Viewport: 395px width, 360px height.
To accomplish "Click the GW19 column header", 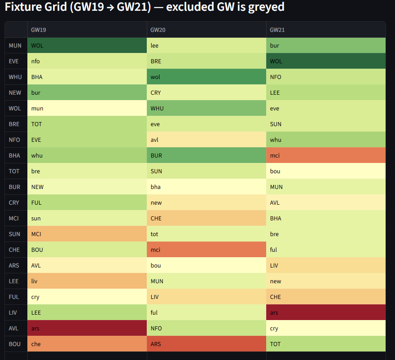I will [x=38, y=30].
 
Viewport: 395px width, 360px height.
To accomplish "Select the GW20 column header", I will [x=158, y=30].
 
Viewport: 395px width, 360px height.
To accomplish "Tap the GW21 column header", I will [x=277, y=30].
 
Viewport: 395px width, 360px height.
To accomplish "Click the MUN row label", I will [x=15, y=46].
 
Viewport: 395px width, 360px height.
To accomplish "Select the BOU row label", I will [x=15, y=344].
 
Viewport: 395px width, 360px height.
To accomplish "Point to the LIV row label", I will [x=15, y=313].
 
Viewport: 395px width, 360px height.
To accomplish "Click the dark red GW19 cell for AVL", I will [x=87, y=328].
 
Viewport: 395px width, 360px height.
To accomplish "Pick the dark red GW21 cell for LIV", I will [x=326, y=312].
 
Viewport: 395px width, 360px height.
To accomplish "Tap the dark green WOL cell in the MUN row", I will [x=87, y=45].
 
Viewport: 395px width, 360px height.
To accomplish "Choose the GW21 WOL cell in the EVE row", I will [x=326, y=61].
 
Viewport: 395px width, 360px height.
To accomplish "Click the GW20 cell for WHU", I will [x=206, y=77].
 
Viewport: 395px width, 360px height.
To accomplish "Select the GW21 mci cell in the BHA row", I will [x=326, y=155].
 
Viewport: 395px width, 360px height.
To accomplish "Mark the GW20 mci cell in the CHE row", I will [x=206, y=250].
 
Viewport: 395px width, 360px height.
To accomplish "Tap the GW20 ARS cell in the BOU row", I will [x=206, y=344].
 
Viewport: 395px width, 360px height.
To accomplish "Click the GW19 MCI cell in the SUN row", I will [x=87, y=234].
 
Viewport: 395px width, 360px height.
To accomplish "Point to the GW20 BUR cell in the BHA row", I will [x=206, y=155].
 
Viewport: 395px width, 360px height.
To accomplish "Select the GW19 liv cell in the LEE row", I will [x=87, y=281].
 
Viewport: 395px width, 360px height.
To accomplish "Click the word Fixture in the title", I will [x=24, y=8].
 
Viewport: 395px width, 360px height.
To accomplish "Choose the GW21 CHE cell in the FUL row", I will [x=326, y=297].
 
